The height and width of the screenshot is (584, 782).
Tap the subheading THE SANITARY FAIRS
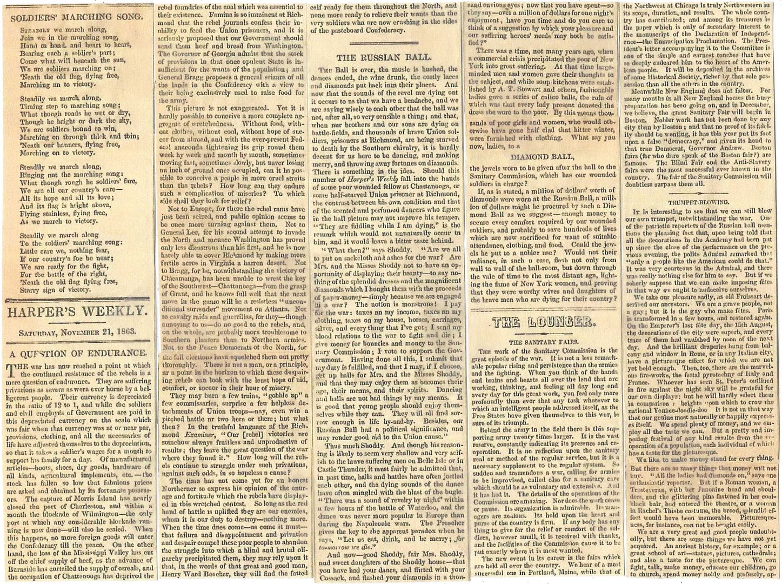pyautogui.click(x=542, y=343)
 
